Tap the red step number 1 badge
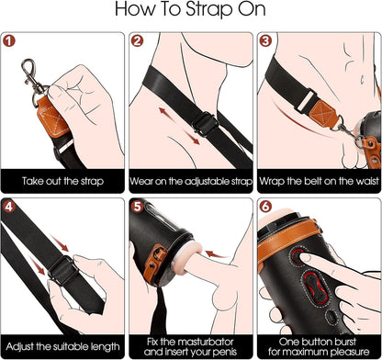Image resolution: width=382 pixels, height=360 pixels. click(x=11, y=41)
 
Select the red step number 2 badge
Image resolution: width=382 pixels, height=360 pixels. click(x=137, y=41)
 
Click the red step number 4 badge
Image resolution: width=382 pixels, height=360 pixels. click(x=11, y=208)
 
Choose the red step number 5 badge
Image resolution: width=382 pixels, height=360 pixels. click(x=137, y=208)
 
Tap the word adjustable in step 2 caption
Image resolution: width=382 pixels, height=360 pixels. click(x=196, y=182)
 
